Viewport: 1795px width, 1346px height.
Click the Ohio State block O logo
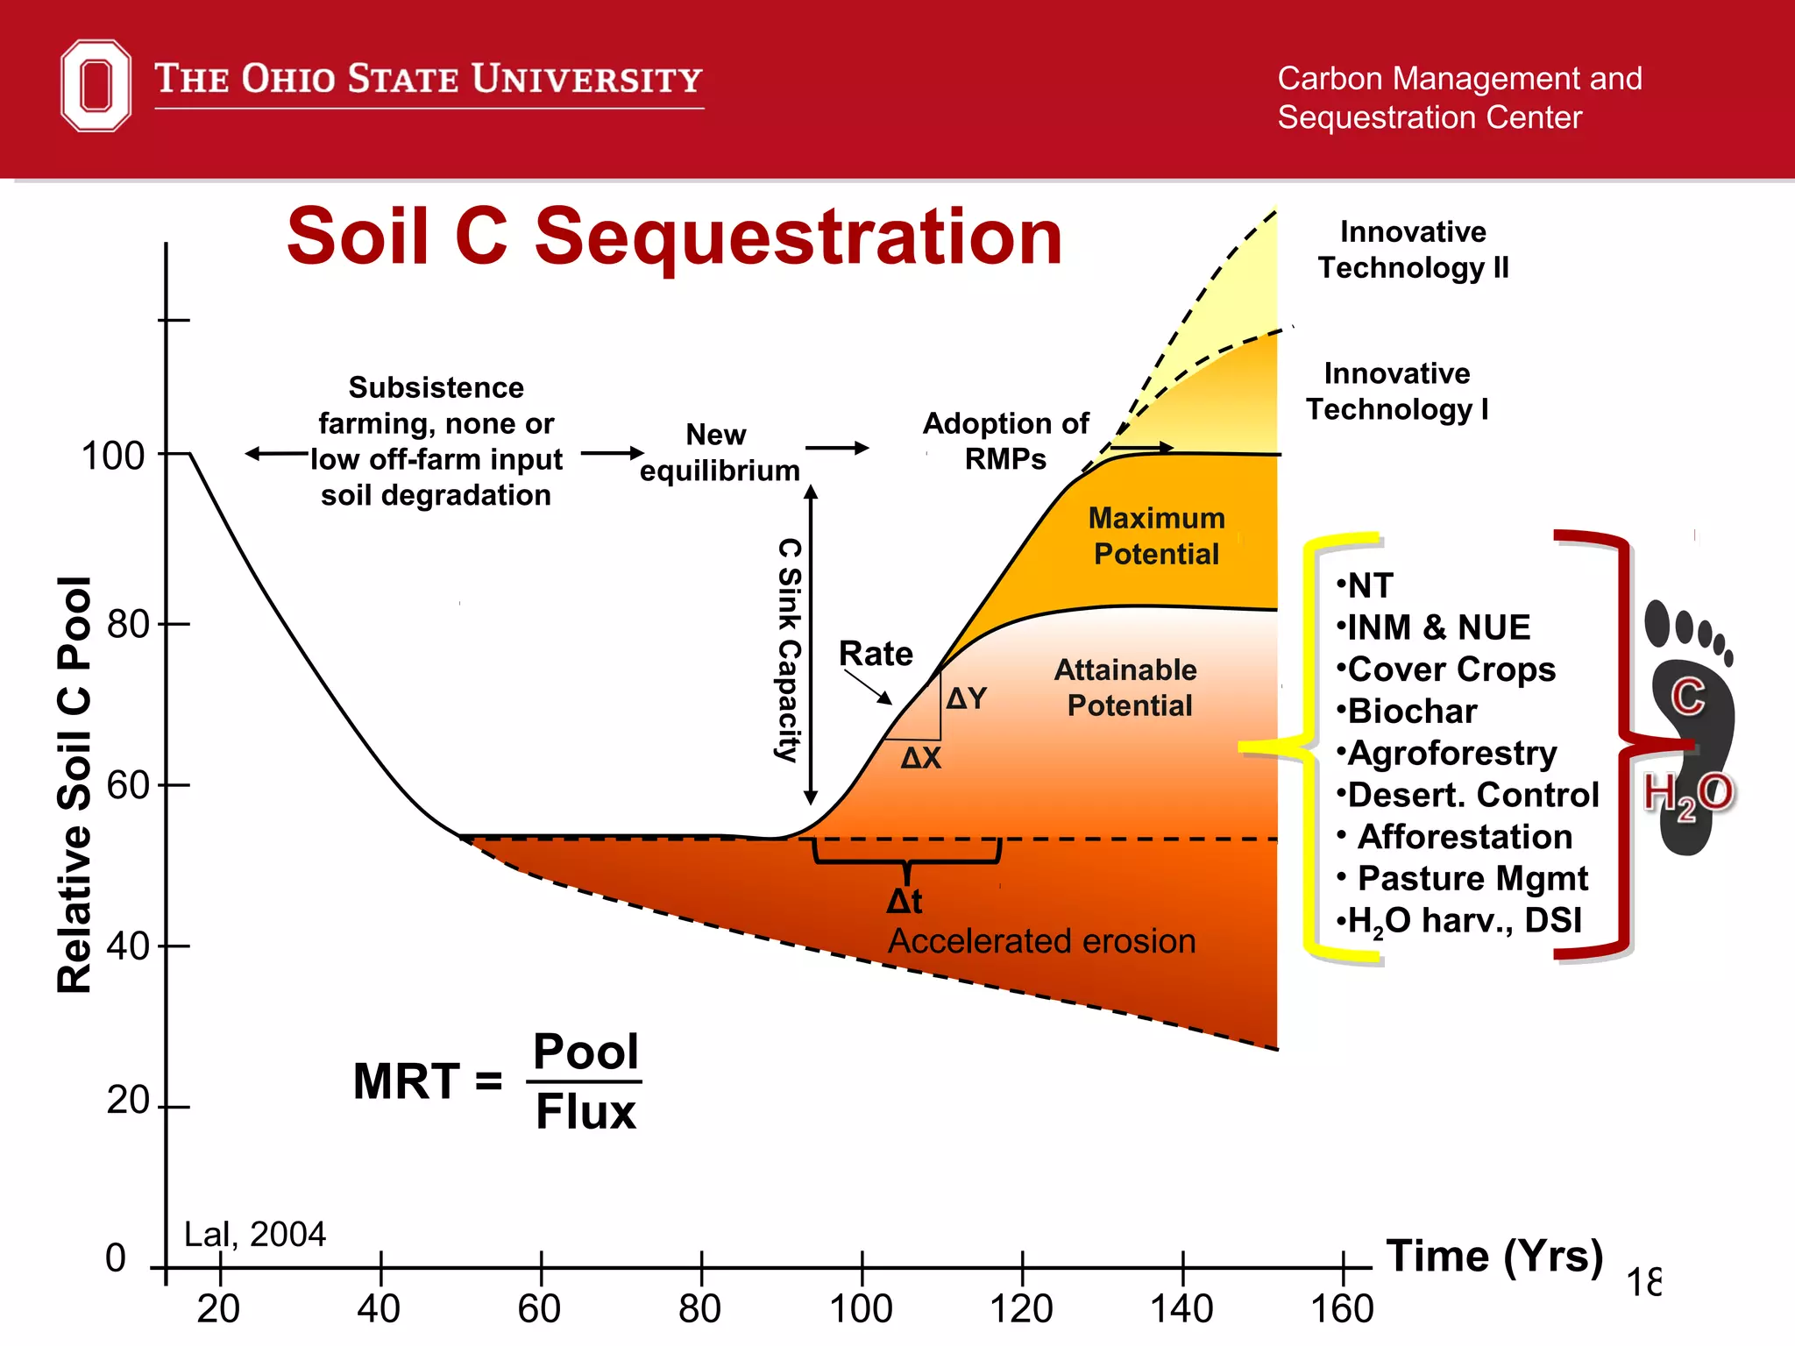(96, 85)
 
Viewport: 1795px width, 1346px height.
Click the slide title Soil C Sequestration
(674, 237)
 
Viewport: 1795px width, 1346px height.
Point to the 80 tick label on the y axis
(127, 625)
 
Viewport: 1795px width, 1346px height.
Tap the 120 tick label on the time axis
(1021, 1309)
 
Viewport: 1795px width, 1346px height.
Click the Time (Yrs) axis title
(1494, 1256)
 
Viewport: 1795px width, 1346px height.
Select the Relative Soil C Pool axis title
(74, 784)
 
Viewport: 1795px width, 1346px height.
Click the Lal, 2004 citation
(254, 1234)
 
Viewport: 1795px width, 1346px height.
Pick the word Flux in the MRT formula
(585, 1112)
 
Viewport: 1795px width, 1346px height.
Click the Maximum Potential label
(1156, 535)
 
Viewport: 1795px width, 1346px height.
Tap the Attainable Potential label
(1127, 687)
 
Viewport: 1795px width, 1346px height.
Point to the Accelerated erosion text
(1041, 941)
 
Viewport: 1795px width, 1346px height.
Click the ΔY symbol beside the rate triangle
(967, 698)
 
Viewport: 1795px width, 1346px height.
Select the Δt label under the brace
(905, 901)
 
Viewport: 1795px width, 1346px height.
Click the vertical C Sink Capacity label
(789, 649)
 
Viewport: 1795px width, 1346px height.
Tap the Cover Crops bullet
(1451, 669)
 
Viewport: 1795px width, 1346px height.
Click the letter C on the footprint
(1687, 697)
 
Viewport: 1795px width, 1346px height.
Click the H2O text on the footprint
(1687, 794)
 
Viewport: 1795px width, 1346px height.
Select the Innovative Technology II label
(1413, 250)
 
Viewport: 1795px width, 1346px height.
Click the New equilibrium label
(719, 452)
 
